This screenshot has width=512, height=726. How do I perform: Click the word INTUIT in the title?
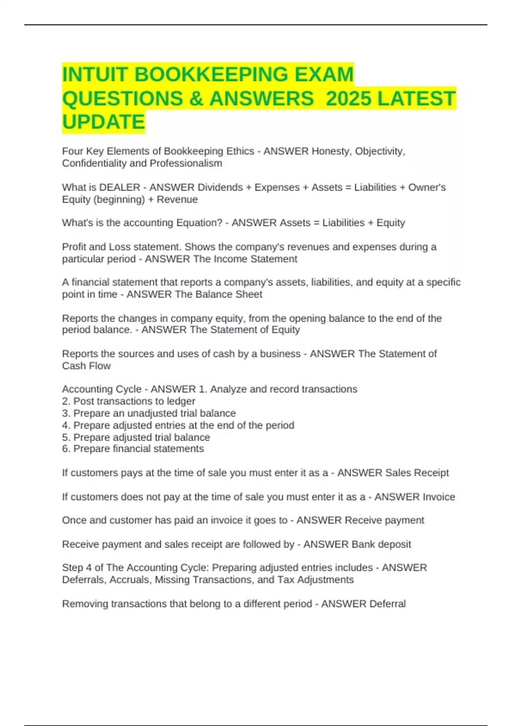(95, 74)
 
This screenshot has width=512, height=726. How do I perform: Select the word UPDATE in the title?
(104, 122)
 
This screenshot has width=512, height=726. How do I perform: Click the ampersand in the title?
(195, 98)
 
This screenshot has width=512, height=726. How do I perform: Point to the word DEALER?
(119, 187)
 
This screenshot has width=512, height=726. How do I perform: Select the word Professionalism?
(186, 163)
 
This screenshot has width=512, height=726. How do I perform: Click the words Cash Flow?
(86, 366)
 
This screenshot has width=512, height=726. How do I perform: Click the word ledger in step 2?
(181, 401)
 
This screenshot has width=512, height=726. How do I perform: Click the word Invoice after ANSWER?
(439, 497)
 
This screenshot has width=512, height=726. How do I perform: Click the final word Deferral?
(387, 604)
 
